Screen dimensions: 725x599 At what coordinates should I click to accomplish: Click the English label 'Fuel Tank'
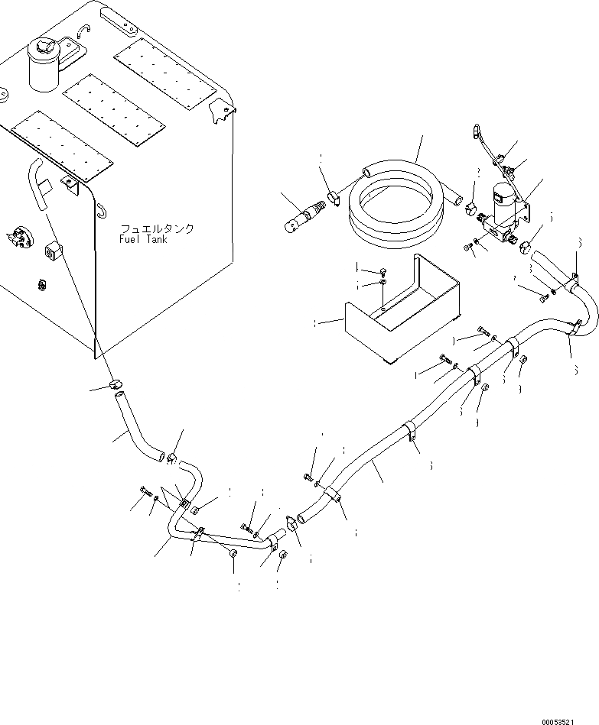pyautogui.click(x=145, y=239)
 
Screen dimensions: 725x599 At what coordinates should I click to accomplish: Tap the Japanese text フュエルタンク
pyautogui.click(x=156, y=228)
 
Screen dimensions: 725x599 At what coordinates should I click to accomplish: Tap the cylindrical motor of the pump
pyautogui.click(x=503, y=206)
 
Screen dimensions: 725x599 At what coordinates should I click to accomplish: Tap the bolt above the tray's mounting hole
pyautogui.click(x=381, y=270)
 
